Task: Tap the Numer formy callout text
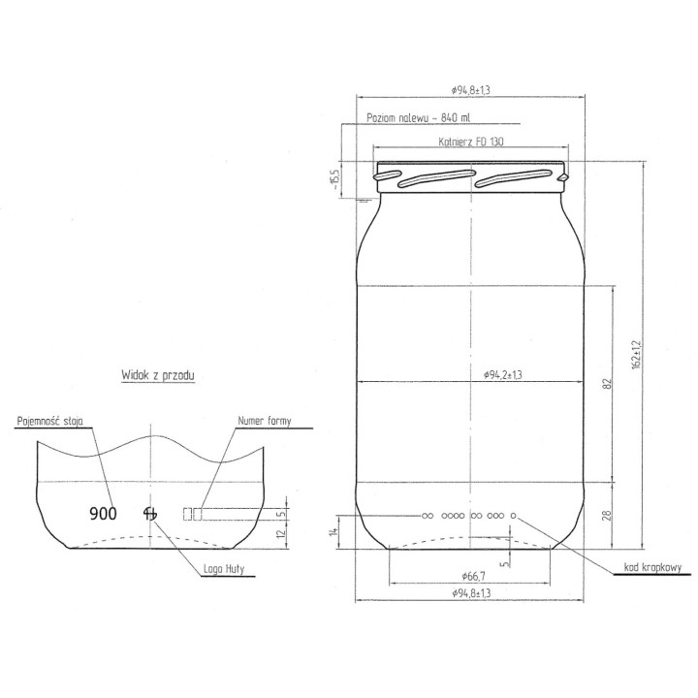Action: click(264, 422)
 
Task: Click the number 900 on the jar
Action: click(103, 513)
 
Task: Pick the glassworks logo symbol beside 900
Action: click(149, 513)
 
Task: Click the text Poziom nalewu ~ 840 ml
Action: click(419, 118)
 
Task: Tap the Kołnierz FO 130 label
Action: click(470, 142)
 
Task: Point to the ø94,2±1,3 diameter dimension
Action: click(503, 375)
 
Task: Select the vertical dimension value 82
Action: click(608, 383)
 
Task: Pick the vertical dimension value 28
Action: click(608, 516)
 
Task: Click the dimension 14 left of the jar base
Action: click(333, 530)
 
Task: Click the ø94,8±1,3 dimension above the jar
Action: click(470, 89)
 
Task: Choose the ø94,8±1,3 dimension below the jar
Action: click(470, 593)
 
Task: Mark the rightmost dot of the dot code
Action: click(515, 515)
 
